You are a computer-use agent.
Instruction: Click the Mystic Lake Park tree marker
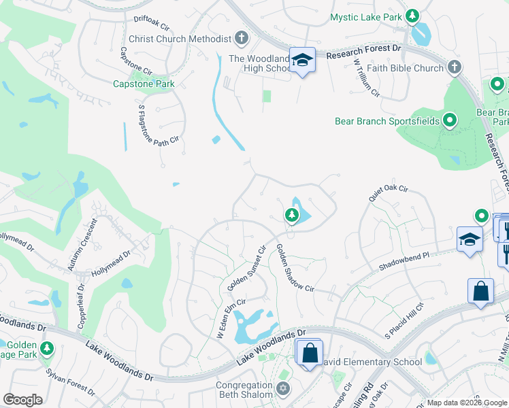(x=412, y=16)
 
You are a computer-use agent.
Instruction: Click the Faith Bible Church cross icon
(x=454, y=67)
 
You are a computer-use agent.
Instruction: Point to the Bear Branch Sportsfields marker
(x=449, y=122)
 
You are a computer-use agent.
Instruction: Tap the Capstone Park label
(x=144, y=84)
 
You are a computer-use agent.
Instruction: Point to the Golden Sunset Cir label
(x=246, y=267)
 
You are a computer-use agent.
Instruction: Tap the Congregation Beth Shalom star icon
(x=283, y=390)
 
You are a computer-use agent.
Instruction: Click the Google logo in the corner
(x=23, y=400)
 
